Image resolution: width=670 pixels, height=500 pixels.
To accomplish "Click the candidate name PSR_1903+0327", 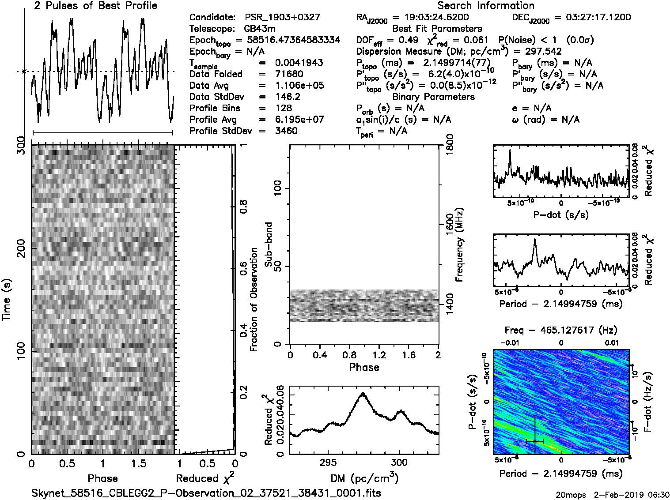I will click(x=282, y=18).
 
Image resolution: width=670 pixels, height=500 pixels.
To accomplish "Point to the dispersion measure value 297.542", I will click(x=543, y=52).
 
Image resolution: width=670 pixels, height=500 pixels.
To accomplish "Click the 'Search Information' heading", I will click(x=485, y=6).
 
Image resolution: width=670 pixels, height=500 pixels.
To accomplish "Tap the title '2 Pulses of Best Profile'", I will click(x=95, y=6).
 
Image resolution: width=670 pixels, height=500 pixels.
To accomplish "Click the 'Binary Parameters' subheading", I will click(x=433, y=97).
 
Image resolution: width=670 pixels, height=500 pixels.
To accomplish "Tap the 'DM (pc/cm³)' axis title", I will click(x=364, y=478).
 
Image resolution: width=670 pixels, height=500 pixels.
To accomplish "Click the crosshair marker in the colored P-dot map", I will click(x=535, y=441).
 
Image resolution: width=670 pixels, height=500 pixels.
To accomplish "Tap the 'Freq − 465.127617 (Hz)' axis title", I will click(x=560, y=330).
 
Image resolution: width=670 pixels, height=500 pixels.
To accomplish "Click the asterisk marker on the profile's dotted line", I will click(x=24, y=71).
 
